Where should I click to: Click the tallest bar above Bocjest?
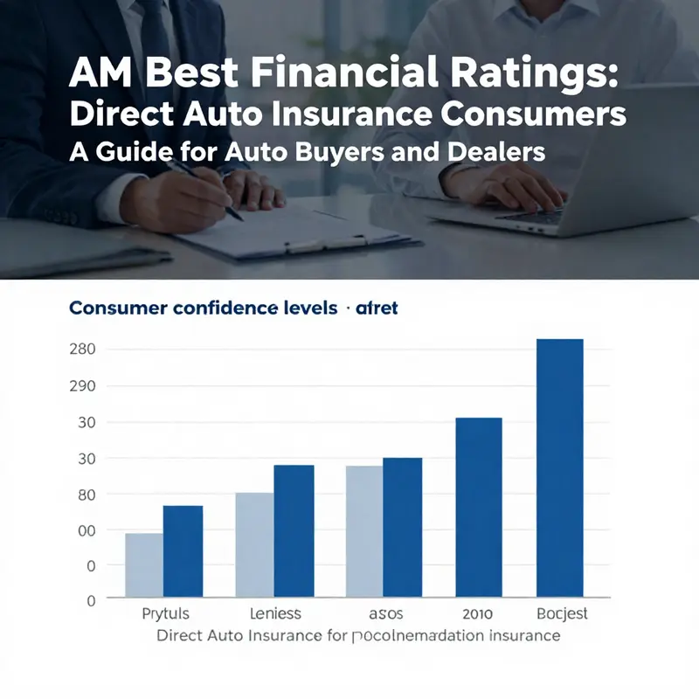(560, 467)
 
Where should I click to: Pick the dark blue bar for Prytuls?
(183, 550)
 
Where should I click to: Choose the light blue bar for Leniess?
(254, 544)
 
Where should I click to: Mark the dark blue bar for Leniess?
(294, 530)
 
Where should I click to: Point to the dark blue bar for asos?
(402, 527)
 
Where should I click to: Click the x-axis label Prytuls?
(165, 613)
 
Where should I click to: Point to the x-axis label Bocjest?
(562, 613)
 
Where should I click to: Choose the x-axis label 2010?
(478, 613)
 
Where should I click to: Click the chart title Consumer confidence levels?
(203, 308)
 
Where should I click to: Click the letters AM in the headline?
(97, 79)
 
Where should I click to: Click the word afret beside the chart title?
(377, 308)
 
